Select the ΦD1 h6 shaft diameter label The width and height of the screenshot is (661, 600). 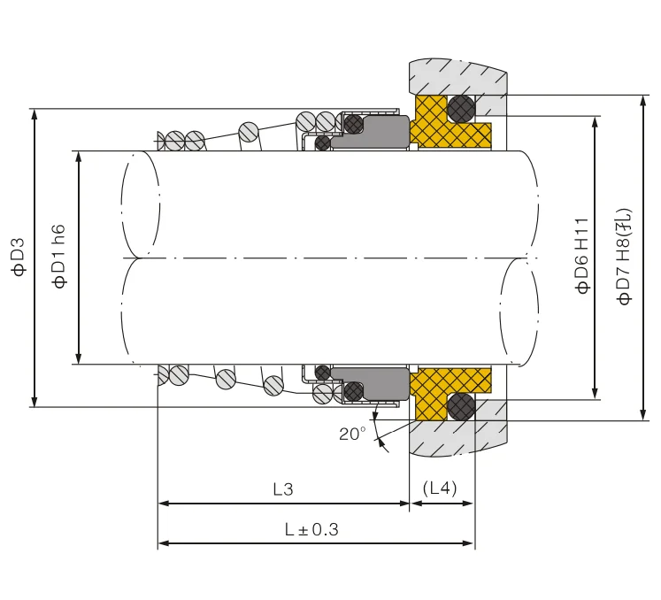pyautogui.click(x=59, y=257)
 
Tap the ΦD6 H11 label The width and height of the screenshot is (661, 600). pyautogui.click(x=581, y=256)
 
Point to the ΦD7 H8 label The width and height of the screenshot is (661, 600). pyautogui.click(x=625, y=257)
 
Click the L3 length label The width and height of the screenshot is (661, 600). pyautogui.click(x=283, y=488)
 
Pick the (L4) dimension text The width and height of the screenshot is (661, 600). pyautogui.click(x=441, y=488)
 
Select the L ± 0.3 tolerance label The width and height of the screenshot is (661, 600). pyautogui.click(x=311, y=529)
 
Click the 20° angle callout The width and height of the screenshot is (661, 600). pyautogui.click(x=351, y=434)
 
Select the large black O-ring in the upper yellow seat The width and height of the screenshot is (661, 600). pyautogui.click(x=460, y=109)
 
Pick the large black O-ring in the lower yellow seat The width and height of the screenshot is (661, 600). pyautogui.click(x=460, y=406)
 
